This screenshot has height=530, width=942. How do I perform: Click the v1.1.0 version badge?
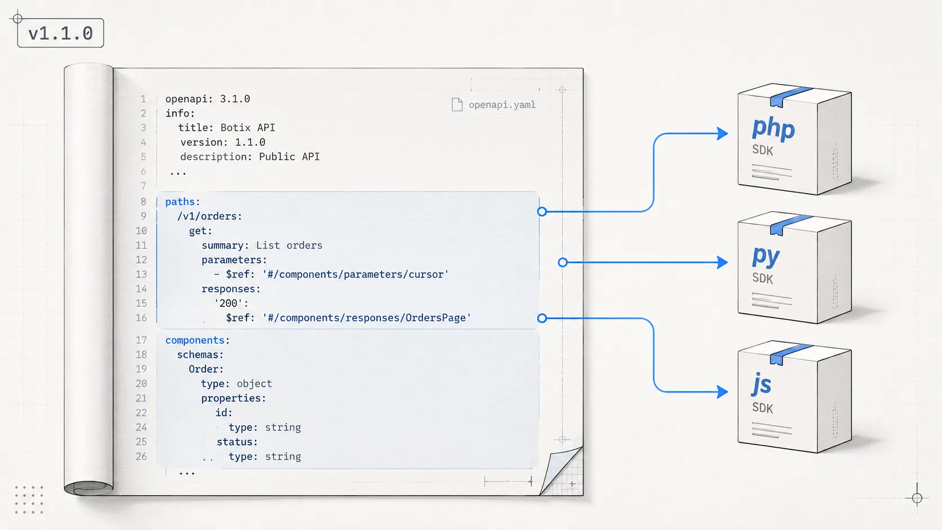(x=60, y=33)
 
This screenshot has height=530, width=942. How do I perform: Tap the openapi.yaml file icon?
(x=457, y=105)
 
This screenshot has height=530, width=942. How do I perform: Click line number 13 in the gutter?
(x=141, y=274)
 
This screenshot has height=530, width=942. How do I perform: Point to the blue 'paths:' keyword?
(x=183, y=202)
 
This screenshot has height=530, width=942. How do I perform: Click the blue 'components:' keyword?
(x=197, y=340)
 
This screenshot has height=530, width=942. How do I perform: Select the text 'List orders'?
(x=289, y=246)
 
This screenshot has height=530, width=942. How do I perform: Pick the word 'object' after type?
(x=254, y=384)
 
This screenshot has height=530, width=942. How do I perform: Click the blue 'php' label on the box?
(x=773, y=128)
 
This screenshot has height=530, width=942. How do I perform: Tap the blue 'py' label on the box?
(x=765, y=256)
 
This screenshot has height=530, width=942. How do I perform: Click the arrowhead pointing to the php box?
(x=722, y=133)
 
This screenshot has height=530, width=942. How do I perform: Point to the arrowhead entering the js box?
(x=722, y=391)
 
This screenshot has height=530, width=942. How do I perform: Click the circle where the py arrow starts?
(x=563, y=262)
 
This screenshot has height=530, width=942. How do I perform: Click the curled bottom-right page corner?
(x=561, y=470)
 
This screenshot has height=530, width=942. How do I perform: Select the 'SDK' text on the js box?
(x=762, y=408)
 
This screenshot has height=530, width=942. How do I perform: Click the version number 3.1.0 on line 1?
(x=235, y=99)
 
